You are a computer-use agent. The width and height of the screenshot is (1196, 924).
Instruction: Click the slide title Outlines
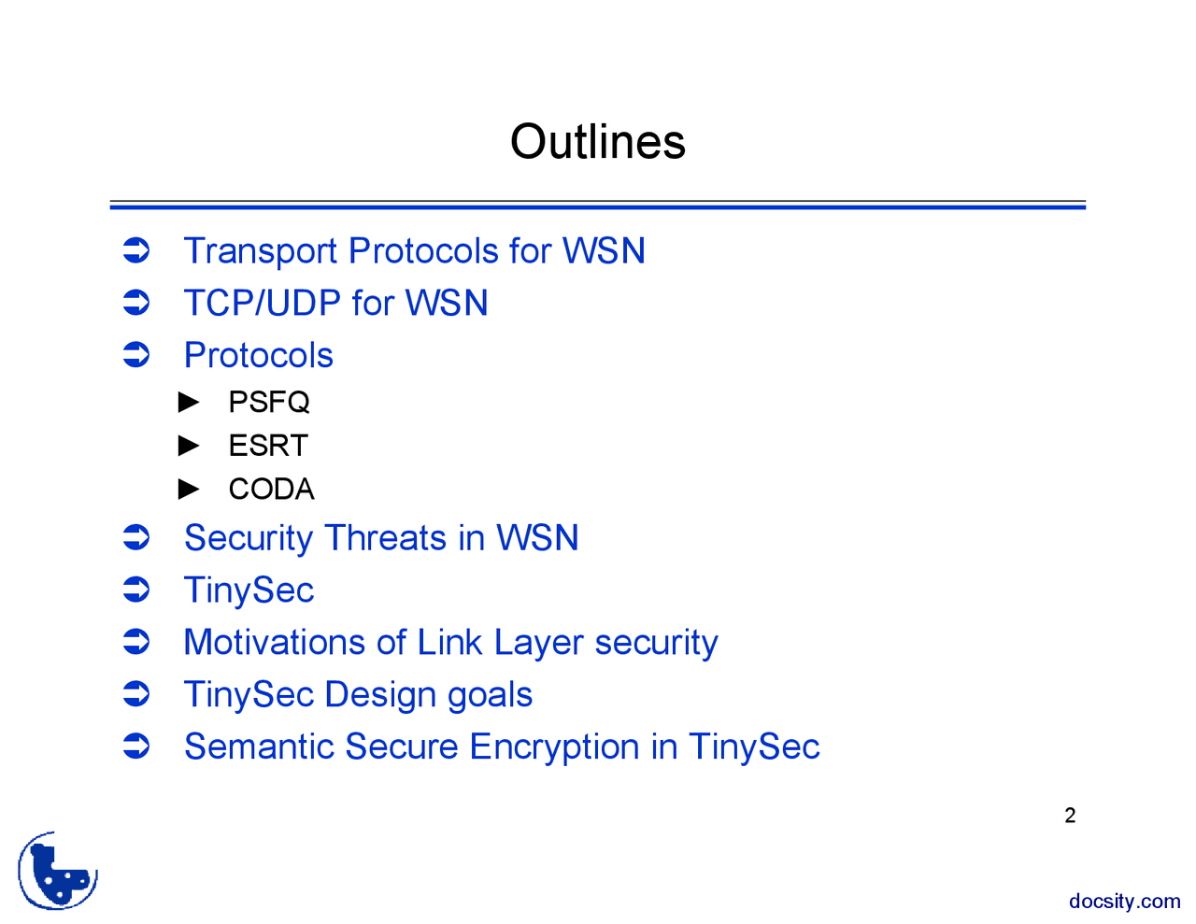(x=598, y=142)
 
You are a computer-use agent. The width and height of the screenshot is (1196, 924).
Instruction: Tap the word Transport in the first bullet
(x=260, y=251)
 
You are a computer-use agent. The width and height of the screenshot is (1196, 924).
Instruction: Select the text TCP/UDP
(x=262, y=304)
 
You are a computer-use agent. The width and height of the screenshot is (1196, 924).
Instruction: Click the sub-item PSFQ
(x=269, y=402)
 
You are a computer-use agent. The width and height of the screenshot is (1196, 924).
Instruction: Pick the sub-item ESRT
(x=268, y=446)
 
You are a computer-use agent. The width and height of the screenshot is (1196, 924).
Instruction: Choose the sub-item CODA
(x=271, y=489)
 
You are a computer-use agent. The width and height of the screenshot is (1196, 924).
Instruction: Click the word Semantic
(x=258, y=747)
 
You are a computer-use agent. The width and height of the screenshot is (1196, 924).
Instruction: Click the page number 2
(x=1070, y=816)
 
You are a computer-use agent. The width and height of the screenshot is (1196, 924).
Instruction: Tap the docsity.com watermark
(x=1124, y=902)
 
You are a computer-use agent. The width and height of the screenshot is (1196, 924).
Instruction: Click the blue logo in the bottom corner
(x=58, y=872)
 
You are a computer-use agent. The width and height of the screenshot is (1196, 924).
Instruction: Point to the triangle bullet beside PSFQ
(x=190, y=402)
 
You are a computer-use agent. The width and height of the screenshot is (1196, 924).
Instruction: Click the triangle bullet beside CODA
(x=190, y=489)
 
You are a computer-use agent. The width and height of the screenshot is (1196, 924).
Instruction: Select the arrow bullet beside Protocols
(x=136, y=355)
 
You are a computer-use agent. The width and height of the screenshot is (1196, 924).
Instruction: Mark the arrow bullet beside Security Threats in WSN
(x=136, y=538)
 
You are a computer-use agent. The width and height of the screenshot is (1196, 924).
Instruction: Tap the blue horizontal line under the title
(x=598, y=205)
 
